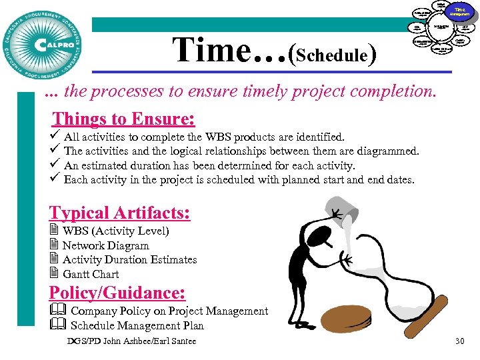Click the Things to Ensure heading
tap(123, 119)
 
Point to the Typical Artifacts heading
tap(119, 213)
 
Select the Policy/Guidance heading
tap(117, 293)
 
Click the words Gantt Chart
tap(91, 274)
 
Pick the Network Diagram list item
tap(105, 245)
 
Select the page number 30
tap(459, 341)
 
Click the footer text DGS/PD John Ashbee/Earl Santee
tap(132, 341)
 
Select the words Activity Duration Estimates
tap(130, 259)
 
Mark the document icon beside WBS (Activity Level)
tap(54, 231)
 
